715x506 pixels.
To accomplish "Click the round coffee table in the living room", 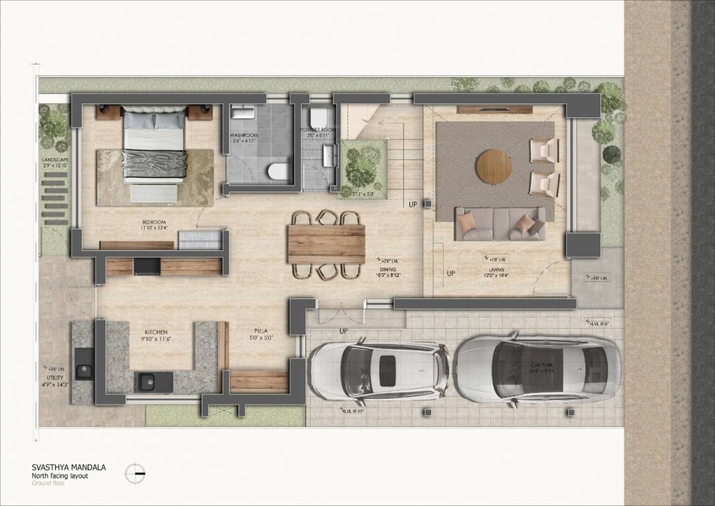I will pos(494,166).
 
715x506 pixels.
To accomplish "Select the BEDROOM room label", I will pos(153,223).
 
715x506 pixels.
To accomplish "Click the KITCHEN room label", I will pos(156,332).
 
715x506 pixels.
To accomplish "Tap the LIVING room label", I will pos(496,270).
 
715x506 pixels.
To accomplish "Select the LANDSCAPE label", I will pos(55,159).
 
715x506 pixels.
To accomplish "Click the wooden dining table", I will pos(326,244).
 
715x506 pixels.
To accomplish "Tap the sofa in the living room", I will pos(500,224).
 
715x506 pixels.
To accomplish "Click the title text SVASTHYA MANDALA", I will pos(68,467).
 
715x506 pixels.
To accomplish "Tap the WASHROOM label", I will pos(244,135).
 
